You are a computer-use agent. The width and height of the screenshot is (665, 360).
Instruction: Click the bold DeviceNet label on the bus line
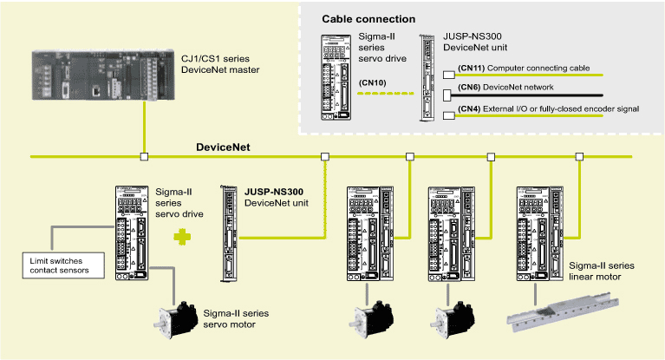(223, 148)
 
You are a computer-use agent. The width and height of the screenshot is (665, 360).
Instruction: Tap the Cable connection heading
(368, 19)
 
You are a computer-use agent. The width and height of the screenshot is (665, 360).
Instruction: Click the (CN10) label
(371, 82)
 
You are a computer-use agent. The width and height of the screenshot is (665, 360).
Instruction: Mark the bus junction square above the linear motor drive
(578, 157)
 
